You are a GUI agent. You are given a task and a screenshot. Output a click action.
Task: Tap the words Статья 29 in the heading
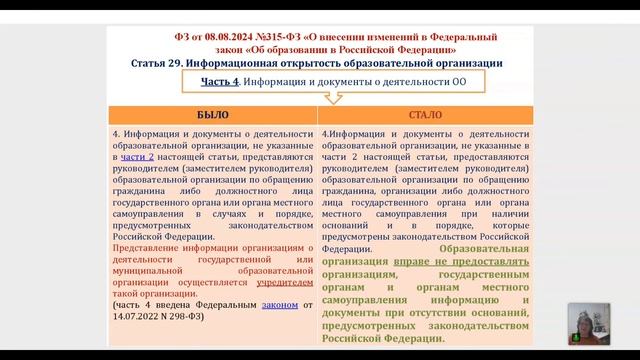[x=163, y=63]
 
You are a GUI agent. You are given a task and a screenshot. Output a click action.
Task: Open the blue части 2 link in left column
[x=138, y=158]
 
